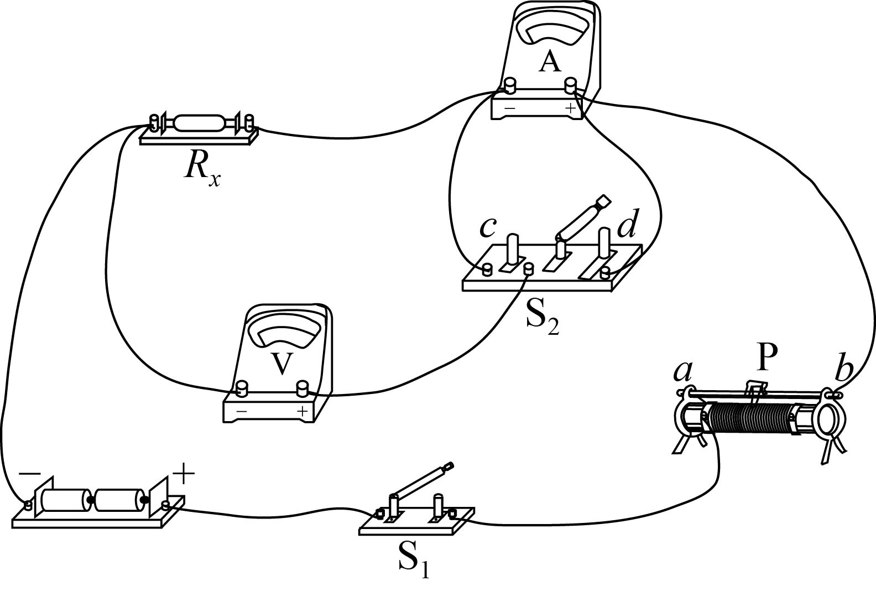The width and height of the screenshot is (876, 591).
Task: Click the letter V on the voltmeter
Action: tap(282, 364)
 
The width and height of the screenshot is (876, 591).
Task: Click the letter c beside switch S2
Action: tap(487, 227)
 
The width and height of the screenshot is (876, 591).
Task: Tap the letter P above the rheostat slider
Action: tap(766, 358)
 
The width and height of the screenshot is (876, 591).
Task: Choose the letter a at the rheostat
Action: tap(684, 372)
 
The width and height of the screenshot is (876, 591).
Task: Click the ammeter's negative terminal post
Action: tap(509, 85)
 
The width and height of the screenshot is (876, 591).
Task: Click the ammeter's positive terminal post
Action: tap(570, 85)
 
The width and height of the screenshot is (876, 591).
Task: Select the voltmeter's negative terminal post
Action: tap(241, 387)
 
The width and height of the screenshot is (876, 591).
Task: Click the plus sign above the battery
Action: tap(184, 474)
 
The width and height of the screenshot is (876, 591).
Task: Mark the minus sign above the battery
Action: tap(30, 474)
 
